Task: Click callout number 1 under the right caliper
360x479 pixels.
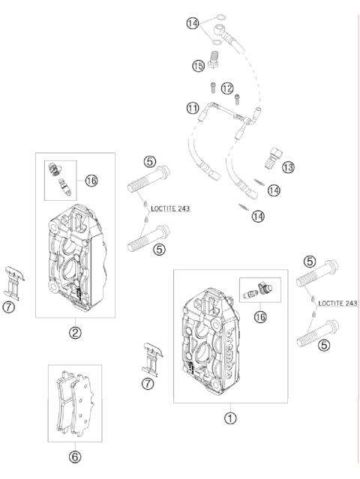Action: point(230,418)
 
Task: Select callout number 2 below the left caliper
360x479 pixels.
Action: point(75,332)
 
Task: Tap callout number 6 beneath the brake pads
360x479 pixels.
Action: point(75,457)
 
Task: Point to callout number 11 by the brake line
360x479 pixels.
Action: point(193,108)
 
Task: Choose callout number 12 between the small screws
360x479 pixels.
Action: point(227,88)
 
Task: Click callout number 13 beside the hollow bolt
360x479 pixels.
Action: point(288,167)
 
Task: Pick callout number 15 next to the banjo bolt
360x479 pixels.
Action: point(198,66)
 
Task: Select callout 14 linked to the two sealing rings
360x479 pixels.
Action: point(193,23)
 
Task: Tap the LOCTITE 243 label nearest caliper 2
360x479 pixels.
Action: point(170,208)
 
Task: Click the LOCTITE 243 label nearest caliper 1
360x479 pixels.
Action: point(337,303)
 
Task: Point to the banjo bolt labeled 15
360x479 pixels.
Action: point(214,59)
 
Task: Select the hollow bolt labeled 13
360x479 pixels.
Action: point(273,158)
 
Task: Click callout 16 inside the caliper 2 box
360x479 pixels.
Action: point(91,181)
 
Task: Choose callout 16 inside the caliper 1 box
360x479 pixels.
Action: point(260,317)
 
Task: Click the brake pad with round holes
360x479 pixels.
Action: point(82,405)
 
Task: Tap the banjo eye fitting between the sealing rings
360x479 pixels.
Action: point(220,30)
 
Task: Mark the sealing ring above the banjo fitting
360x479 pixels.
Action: point(220,17)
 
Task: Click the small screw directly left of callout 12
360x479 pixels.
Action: point(213,88)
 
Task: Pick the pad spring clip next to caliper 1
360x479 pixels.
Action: point(152,359)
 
